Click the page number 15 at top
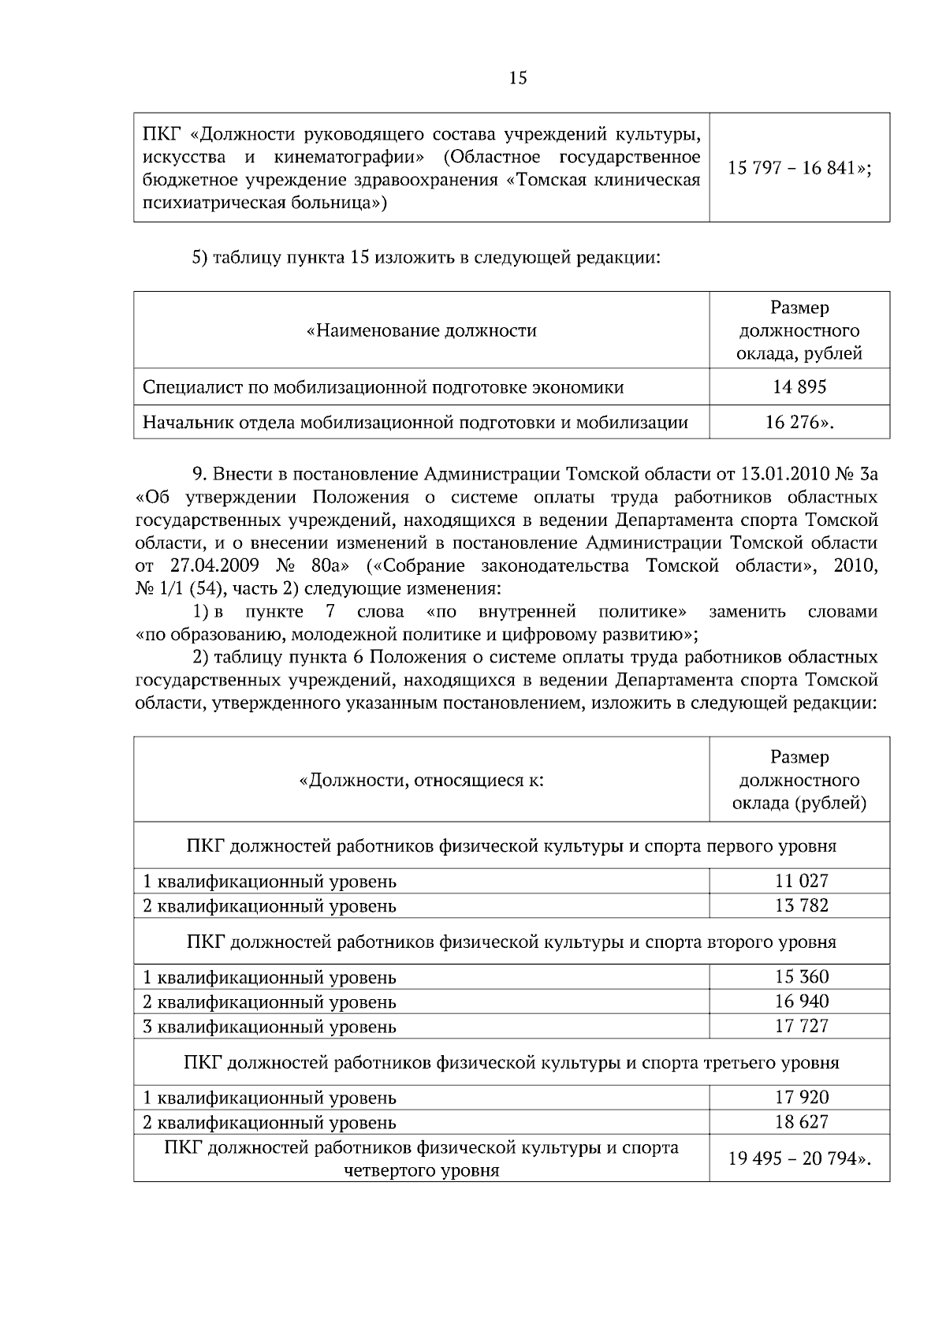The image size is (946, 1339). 518,78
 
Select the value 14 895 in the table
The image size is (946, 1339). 799,387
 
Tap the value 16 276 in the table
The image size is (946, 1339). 799,423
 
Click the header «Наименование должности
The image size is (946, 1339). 421,330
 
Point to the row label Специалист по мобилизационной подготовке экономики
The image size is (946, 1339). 383,387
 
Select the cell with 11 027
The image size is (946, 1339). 801,881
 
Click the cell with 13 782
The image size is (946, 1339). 801,905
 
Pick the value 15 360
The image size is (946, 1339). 801,977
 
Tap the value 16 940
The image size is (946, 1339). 801,1001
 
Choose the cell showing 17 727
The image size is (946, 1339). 801,1026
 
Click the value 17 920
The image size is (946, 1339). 801,1098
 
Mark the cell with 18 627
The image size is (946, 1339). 801,1122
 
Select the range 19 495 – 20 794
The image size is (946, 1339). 799,1159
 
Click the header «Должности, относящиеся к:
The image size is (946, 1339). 421,781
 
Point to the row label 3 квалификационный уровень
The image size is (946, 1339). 270,1027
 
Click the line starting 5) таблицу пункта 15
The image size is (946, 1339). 426,258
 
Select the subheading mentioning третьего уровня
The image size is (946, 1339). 511,1062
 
